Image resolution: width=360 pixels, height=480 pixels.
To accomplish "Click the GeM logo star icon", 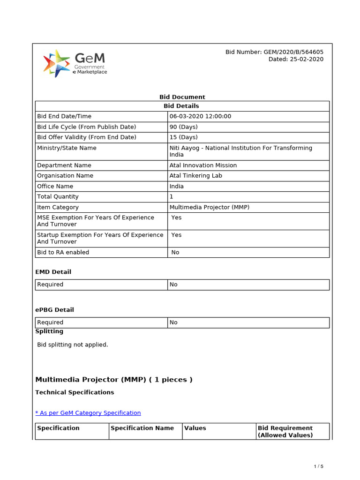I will coord(56,63).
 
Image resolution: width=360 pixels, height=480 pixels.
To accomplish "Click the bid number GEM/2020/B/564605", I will coord(274,52).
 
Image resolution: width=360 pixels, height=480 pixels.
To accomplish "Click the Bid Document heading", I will coord(182,97).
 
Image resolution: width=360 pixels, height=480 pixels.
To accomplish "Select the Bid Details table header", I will coord(182,106).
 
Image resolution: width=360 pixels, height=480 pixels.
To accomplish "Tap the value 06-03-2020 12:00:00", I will coord(200,116).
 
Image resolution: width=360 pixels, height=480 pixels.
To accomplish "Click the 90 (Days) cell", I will coord(184,127).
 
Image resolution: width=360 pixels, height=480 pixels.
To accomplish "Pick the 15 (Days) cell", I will coord(184,137).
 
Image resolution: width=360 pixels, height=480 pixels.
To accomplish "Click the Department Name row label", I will coord(64,165).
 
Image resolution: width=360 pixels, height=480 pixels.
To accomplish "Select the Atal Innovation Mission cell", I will coord(203,165).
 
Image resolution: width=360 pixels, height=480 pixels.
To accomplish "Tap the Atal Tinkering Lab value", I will coord(196,176).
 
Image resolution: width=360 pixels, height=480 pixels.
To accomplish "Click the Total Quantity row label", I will coord(58,197).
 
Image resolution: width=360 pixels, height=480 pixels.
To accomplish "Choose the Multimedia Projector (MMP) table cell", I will coord(210,207).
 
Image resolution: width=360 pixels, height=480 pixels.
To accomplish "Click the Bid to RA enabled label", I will coord(63,252).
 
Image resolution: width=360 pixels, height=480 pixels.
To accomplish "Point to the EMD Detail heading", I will coord(53,272).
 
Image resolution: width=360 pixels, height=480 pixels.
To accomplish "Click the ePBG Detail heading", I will coord(54,310).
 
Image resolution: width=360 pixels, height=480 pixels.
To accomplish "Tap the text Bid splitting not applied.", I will coord(73,345).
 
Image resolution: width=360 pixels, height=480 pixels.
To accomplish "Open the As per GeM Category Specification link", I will coord(88,413).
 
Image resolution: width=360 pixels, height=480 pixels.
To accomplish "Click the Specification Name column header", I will coord(142,428).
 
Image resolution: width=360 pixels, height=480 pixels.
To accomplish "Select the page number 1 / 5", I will coord(318,466).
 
